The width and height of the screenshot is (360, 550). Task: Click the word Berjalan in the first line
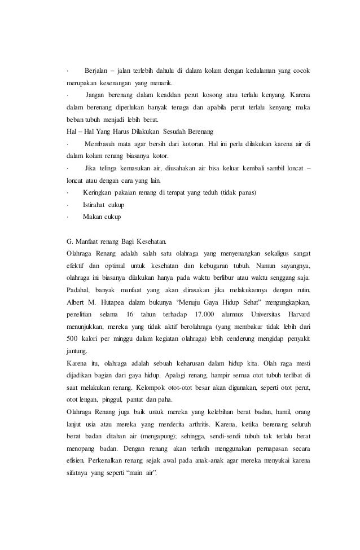click(97, 71)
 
